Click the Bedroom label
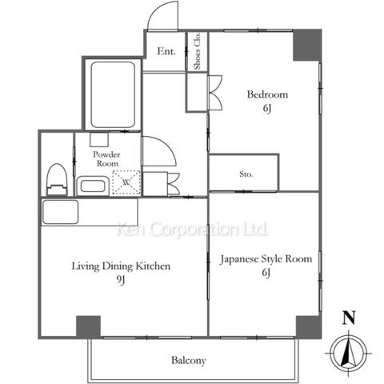267,94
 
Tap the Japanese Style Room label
266,259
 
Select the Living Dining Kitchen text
121,266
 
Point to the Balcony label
189,361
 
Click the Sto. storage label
246,174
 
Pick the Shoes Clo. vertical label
197,51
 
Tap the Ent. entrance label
166,51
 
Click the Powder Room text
106,159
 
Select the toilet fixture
57,179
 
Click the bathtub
113,95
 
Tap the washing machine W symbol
126,182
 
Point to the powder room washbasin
93,186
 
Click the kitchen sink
60,212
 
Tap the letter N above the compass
349,318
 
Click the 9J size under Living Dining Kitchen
121,280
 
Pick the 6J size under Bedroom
267,109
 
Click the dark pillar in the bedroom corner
307,46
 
